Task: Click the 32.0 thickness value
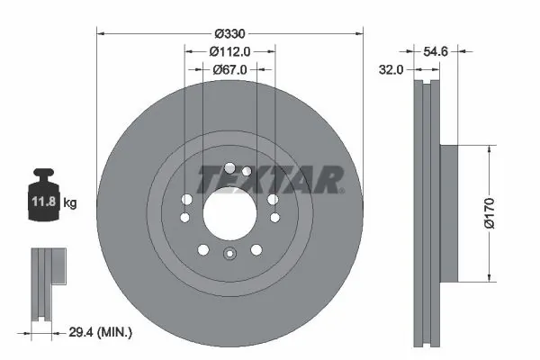click(x=389, y=67)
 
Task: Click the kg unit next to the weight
click(x=70, y=203)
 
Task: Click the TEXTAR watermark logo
click(x=270, y=178)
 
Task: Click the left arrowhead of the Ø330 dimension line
click(x=100, y=33)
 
